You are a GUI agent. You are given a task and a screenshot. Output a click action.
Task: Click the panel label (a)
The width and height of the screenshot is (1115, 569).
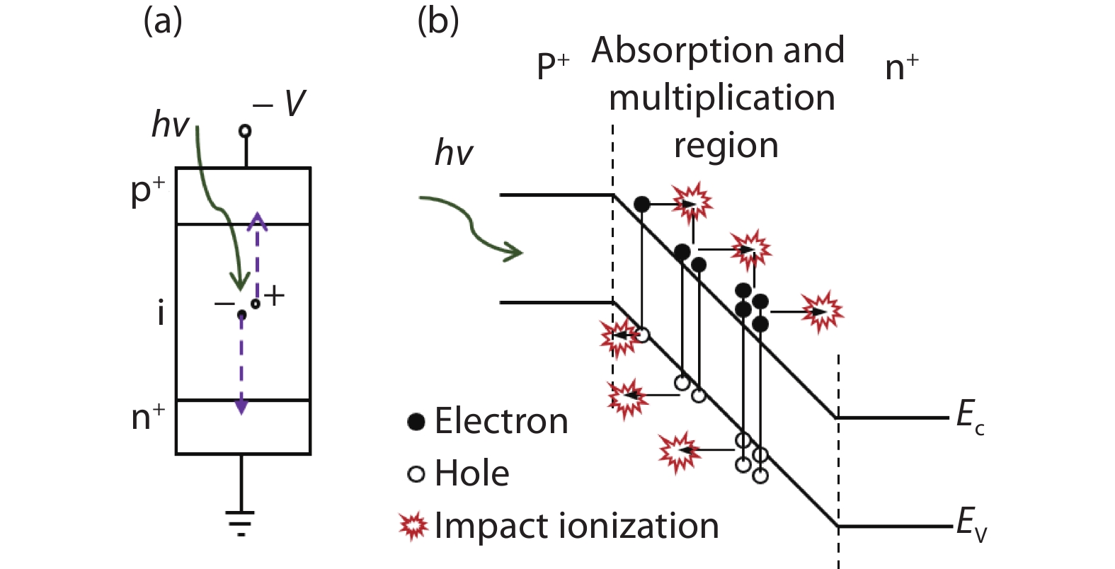tap(163, 21)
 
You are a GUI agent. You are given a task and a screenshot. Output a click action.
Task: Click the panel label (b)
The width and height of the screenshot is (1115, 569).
tap(438, 21)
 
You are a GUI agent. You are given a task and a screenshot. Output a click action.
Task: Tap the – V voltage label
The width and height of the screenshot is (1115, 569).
tap(280, 104)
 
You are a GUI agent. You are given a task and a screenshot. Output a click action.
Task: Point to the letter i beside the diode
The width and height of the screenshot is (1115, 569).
tap(161, 312)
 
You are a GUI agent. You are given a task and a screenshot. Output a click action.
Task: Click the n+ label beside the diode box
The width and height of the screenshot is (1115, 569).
tap(148, 417)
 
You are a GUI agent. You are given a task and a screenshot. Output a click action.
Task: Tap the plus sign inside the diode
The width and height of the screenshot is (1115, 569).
tap(274, 295)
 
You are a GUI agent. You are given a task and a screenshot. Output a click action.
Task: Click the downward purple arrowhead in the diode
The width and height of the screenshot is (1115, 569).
tap(241, 406)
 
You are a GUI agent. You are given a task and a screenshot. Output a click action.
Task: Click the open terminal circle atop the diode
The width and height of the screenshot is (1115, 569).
tap(245, 130)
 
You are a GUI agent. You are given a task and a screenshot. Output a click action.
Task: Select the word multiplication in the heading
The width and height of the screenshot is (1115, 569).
tap(722, 98)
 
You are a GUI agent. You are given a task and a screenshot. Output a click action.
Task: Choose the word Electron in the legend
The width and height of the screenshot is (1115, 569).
tap(501, 421)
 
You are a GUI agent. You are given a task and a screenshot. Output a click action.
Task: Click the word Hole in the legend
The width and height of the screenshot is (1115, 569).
tap(471, 473)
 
